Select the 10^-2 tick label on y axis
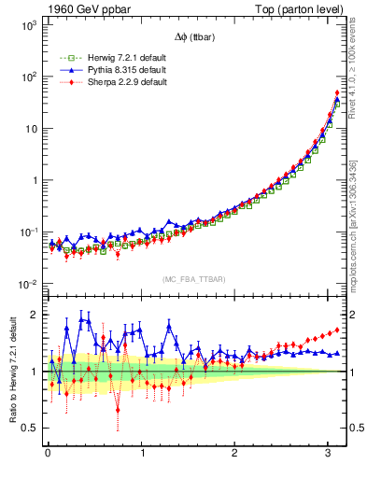pyautogui.click(x=29, y=284)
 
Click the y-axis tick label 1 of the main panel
pyautogui.click(x=35, y=180)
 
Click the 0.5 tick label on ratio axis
pyautogui.click(x=31, y=428)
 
